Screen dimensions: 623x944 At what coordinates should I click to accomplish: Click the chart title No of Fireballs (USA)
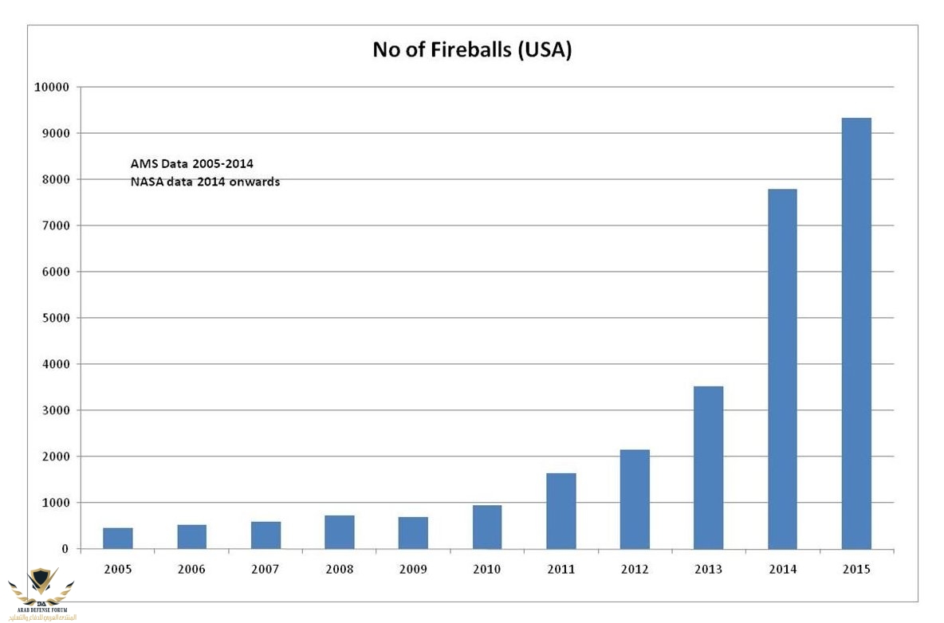coord(472,50)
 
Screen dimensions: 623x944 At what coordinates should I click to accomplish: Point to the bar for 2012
coord(635,500)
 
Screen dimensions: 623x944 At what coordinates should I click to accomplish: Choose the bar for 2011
coord(561,511)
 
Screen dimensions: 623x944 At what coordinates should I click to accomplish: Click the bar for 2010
coord(487,527)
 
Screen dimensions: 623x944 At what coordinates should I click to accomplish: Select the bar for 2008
coord(340,532)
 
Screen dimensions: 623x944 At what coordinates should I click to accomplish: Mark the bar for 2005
coord(118,539)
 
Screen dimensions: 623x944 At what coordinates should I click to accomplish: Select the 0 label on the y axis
coord(67,549)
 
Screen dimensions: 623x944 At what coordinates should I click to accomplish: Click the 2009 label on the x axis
coord(413,570)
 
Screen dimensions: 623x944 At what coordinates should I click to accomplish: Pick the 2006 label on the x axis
coord(191,570)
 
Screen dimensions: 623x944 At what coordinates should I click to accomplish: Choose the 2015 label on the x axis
coord(856,570)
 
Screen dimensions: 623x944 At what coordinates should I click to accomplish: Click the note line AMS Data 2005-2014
coord(191,163)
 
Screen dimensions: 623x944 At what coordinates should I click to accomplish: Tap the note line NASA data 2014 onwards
coord(205,182)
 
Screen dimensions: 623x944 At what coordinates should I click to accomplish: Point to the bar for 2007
coord(265,535)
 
